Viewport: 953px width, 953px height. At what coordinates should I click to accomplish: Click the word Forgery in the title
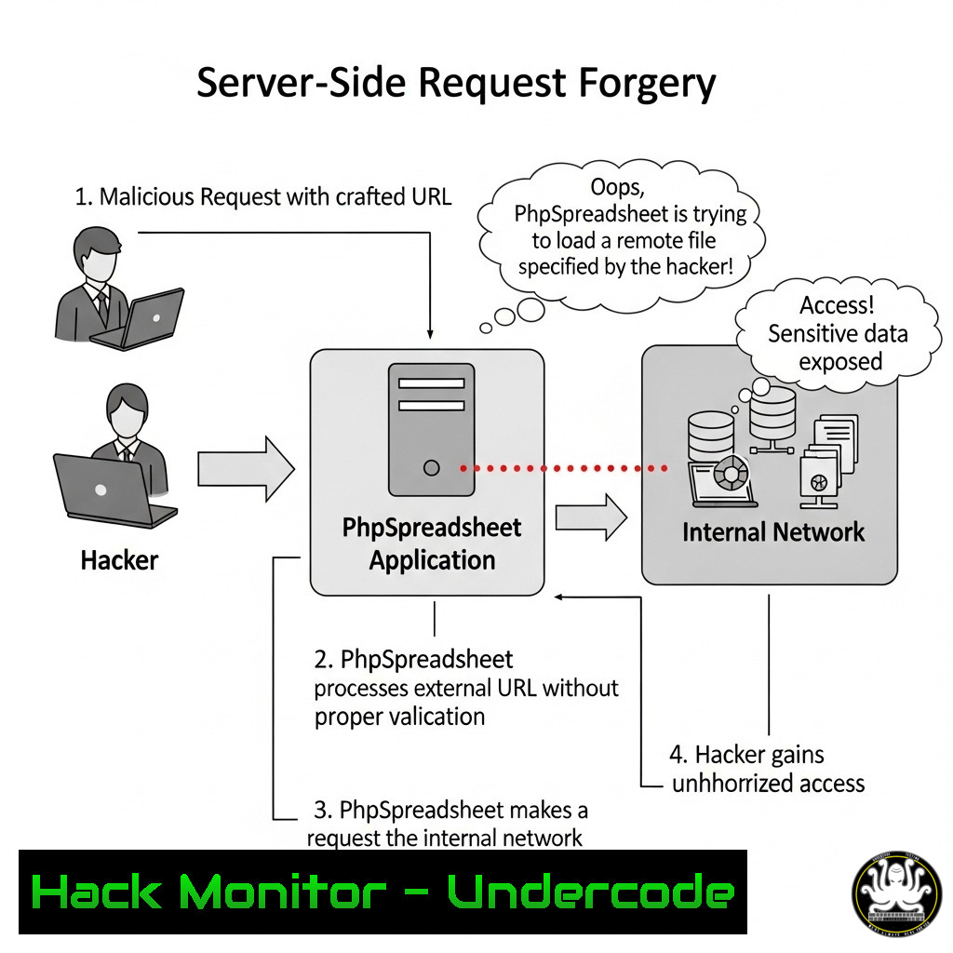point(647,83)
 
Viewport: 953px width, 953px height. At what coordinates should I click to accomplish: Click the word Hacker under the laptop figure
point(119,560)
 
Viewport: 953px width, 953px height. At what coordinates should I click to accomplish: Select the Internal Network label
point(773,531)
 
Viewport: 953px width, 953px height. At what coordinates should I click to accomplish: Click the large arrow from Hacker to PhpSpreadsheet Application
point(246,469)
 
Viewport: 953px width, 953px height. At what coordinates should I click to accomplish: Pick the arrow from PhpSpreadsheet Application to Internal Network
point(591,517)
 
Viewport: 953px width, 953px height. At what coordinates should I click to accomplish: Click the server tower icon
point(432,430)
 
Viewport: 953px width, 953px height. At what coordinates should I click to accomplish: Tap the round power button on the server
point(432,468)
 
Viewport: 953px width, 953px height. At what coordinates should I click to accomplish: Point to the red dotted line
point(564,468)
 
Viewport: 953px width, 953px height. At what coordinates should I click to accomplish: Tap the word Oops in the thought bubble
point(617,186)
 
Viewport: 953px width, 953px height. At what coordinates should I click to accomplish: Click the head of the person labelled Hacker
point(127,409)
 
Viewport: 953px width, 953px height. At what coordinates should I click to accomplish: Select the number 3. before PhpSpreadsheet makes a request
point(322,811)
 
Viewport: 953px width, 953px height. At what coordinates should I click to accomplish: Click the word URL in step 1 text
point(432,197)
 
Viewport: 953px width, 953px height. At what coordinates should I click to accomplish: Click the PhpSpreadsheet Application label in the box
point(432,544)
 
